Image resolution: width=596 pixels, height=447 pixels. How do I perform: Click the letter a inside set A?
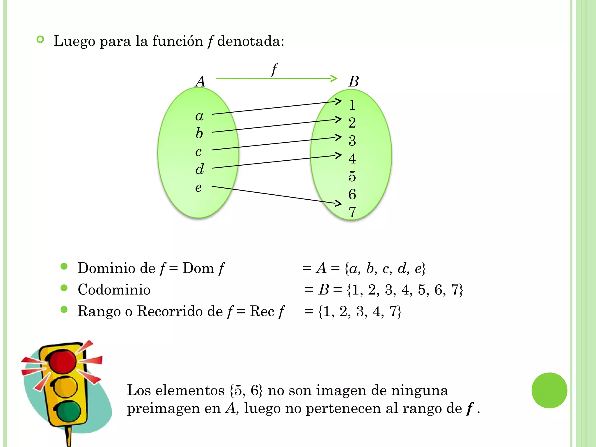coord(199,116)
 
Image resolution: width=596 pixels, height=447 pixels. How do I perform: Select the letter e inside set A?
coord(198,188)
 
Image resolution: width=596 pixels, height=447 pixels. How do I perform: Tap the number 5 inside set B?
coord(352,176)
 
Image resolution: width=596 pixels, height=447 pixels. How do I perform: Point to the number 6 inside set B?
coord(352,194)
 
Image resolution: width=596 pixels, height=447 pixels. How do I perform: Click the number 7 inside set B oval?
coord(352,212)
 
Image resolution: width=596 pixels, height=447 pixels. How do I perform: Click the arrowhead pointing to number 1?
coord(338,101)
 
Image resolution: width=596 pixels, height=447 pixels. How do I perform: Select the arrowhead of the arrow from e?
coord(338,203)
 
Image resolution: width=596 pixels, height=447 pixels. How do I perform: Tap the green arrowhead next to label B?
coord(334,78)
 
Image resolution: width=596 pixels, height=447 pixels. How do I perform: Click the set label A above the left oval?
coord(201,81)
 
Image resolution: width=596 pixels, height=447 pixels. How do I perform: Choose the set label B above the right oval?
coord(354,81)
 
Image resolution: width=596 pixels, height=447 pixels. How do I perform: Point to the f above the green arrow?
coord(274,69)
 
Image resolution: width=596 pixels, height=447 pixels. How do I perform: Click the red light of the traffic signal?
coord(63,361)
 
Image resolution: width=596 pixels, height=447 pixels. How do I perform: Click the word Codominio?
coord(114,290)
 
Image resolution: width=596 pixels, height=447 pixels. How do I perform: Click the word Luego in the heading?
coord(74,41)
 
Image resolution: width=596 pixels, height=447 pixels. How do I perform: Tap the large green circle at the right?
coord(549,390)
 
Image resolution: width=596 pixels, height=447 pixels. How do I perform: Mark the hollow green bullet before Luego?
coord(40,40)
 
